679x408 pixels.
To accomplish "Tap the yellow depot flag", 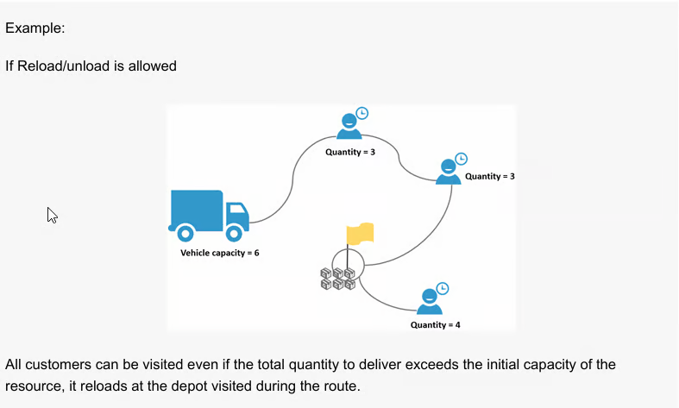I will click(x=359, y=234).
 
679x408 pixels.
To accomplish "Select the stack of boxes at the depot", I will click(x=337, y=278).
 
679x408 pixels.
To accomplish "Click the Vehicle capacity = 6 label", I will click(x=219, y=253).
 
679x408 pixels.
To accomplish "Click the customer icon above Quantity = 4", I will click(x=429, y=302).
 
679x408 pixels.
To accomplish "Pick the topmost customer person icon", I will click(x=349, y=127).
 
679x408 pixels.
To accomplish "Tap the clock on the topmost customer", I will click(x=362, y=113).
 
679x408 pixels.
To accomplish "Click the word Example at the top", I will click(x=34, y=28).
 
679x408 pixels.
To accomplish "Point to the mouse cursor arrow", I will click(x=52, y=215).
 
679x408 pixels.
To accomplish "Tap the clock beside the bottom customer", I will click(x=443, y=288).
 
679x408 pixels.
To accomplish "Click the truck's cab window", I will click(x=237, y=210).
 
